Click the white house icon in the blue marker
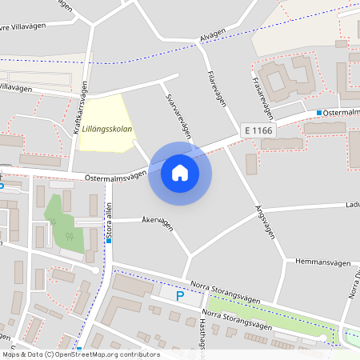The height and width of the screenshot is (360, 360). point(180,172)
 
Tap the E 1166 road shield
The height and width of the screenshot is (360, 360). point(259,130)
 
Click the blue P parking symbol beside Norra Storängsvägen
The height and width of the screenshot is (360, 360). point(180,295)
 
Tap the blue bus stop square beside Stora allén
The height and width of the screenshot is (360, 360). point(107,239)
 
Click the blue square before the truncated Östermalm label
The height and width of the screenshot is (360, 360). point(318,113)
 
